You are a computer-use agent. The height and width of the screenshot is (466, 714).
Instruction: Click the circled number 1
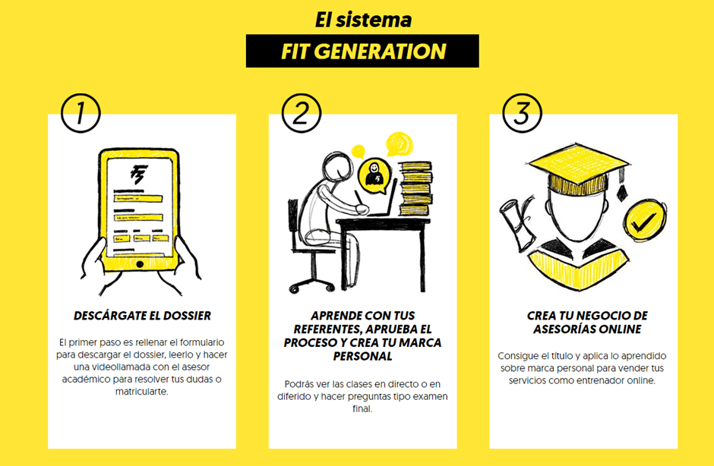point(81,113)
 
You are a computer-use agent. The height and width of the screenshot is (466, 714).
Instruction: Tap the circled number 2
point(301,113)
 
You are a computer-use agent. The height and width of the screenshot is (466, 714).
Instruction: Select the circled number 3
point(522,113)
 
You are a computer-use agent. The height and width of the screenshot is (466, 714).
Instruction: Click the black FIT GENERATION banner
point(362,51)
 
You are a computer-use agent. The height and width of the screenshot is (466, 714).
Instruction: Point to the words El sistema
point(363,20)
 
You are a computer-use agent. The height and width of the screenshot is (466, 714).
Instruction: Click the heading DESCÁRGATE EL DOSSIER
point(143,316)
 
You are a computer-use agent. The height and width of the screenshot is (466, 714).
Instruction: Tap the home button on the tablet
point(140,264)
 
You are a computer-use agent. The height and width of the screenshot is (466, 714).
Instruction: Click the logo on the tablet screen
point(138,175)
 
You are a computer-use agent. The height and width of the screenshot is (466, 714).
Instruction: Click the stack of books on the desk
point(415,188)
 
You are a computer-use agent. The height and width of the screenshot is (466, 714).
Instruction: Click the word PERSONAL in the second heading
point(362,356)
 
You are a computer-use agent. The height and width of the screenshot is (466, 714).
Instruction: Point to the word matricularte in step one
point(141,392)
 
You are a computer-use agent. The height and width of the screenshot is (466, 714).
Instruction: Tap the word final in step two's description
point(362,408)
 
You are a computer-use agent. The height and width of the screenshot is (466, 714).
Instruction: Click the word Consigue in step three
point(517,356)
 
